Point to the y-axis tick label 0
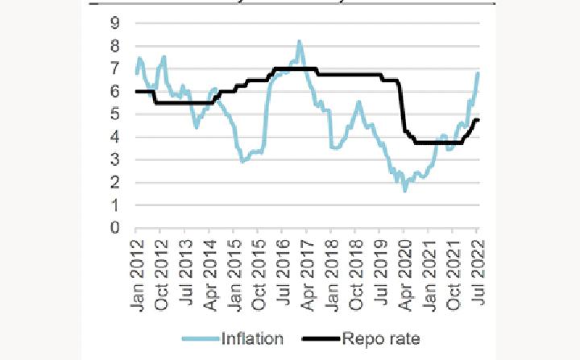point(116,229)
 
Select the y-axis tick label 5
point(116,114)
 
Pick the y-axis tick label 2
point(116,183)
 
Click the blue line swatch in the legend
point(200,339)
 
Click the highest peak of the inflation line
point(299,41)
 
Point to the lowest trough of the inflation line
point(404,190)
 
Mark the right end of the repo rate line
point(478,120)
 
